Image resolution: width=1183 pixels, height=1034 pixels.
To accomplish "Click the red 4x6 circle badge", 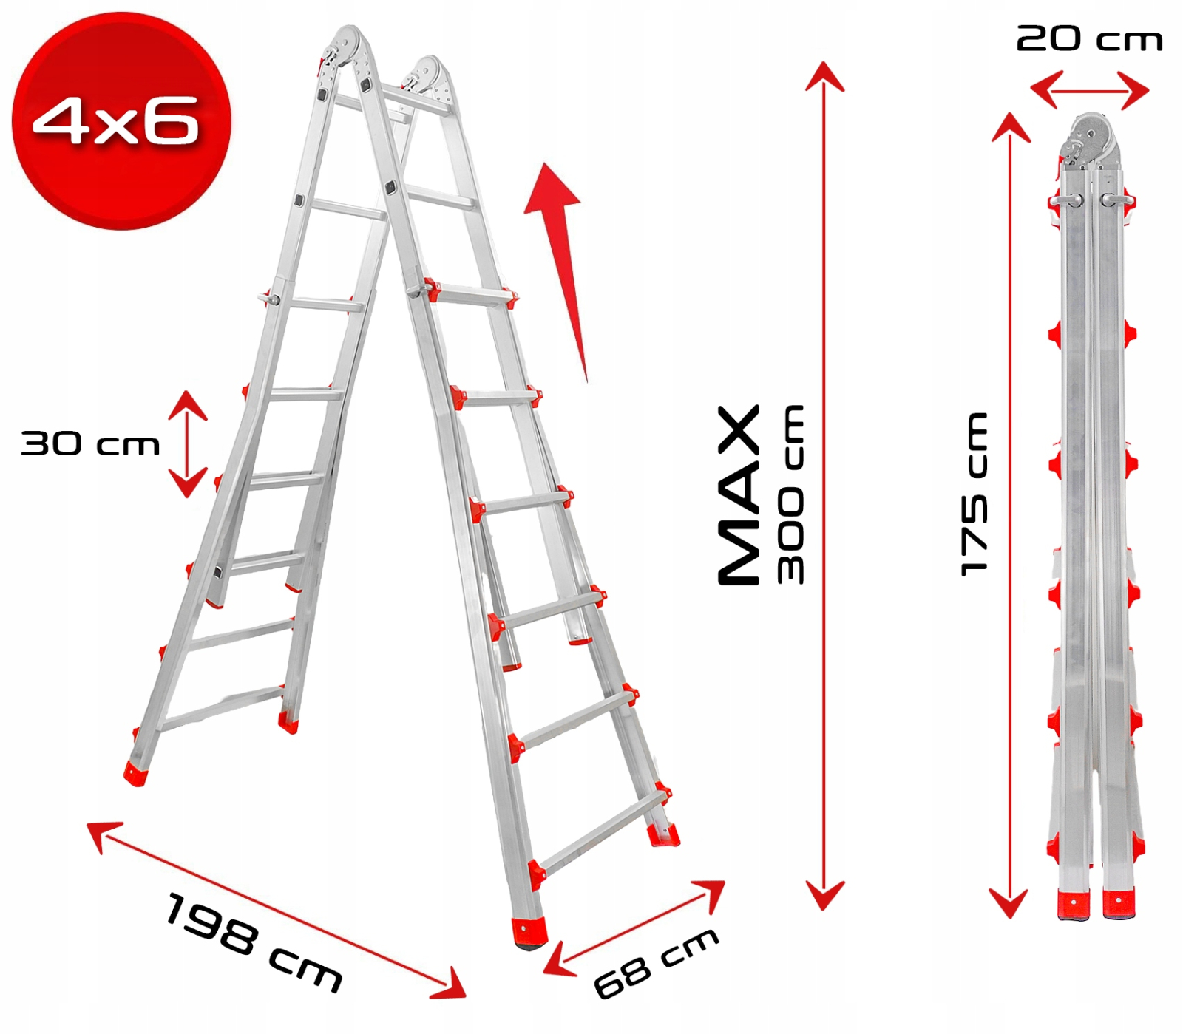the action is pyautogui.click(x=121, y=120).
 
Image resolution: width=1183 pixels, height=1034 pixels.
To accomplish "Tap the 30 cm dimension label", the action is pyautogui.click(x=90, y=443).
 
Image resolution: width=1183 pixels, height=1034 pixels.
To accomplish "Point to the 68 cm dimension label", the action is pyautogui.click(x=656, y=962).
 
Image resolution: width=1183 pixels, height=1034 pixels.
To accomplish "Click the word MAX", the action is pyautogui.click(x=739, y=495).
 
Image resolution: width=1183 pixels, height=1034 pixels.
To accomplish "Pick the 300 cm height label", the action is pyautogui.click(x=790, y=494).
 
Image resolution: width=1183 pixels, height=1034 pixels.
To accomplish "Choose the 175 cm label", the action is pyautogui.click(x=974, y=494).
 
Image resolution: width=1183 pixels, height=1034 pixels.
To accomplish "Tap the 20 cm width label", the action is pyautogui.click(x=1089, y=38).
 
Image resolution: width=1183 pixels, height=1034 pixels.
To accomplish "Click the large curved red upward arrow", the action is pyautogui.click(x=560, y=266).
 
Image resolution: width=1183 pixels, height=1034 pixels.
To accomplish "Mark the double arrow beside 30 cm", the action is pyautogui.click(x=187, y=443).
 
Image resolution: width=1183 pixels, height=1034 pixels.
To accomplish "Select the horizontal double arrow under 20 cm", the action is pyautogui.click(x=1089, y=90).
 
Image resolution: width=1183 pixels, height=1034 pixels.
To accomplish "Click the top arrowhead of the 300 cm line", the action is pyautogui.click(x=824, y=76).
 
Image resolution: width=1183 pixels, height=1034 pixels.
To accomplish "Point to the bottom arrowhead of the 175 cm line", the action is pyautogui.click(x=1009, y=902).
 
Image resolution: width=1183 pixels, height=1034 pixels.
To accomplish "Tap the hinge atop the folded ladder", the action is pyautogui.click(x=1089, y=140).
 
